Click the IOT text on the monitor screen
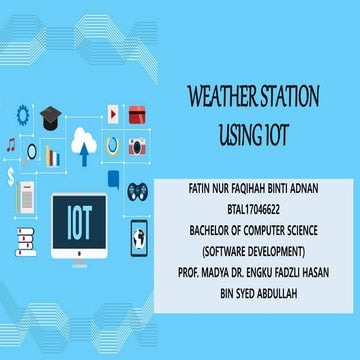(79, 221)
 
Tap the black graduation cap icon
(50, 118)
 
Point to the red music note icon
(11, 143)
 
